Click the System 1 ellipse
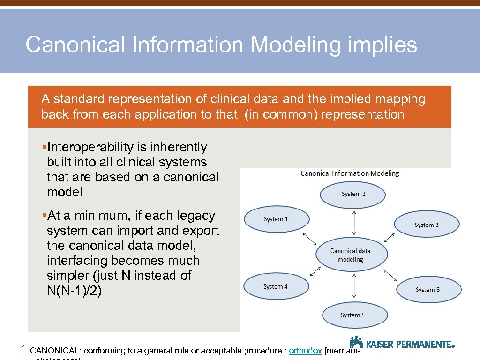click(276, 219)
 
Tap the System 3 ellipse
click(427, 225)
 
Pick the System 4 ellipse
click(276, 286)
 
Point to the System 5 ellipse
click(352, 315)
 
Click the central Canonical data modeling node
click(351, 255)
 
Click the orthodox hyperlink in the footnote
click(305, 351)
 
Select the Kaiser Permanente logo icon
click(356, 342)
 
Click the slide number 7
click(22, 347)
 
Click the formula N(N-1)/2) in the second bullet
click(74, 291)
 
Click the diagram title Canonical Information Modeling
click(350, 173)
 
